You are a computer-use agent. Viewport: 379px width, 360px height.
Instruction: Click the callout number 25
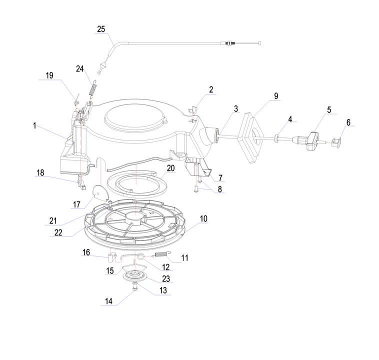(101, 29)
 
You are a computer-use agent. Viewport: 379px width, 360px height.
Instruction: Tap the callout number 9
(275, 95)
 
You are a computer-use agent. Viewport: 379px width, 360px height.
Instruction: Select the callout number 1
(34, 126)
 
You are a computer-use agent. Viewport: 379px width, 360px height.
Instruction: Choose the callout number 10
(203, 218)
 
